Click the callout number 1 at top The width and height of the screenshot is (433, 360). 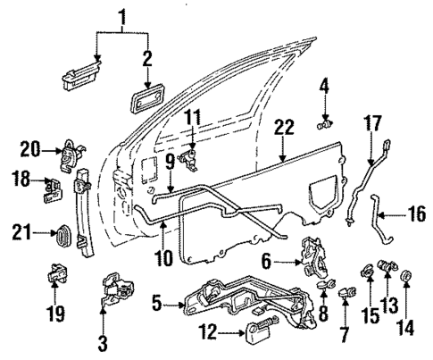coord(123,15)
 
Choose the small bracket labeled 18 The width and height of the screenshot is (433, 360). coord(53,187)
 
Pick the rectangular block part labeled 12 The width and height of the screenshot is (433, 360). coord(262,336)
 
